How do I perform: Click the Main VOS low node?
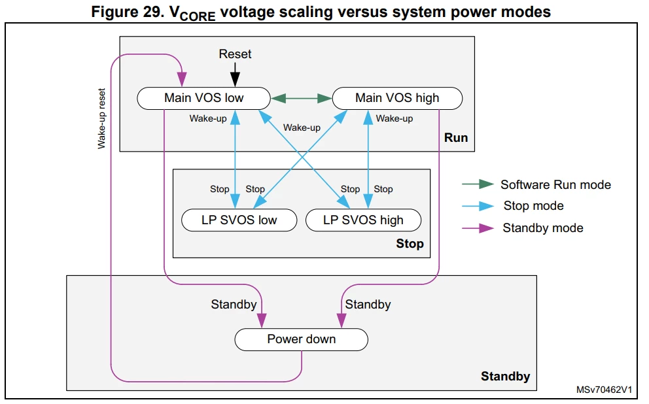coord(203,99)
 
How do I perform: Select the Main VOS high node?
coord(397,99)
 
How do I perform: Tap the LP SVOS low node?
coord(239,220)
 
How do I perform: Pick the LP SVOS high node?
coord(363,220)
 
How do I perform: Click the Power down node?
coord(302,339)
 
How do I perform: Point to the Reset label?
coord(235,54)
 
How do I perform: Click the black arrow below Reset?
coord(235,75)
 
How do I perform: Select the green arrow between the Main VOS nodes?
coord(302,99)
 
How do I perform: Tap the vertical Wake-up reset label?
coord(101,118)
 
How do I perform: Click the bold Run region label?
coord(456,138)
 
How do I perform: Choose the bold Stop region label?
coord(410,244)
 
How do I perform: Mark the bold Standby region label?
coord(505,377)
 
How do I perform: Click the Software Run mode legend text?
coord(556,185)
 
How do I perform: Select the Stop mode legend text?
coord(533,206)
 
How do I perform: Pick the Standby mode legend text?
coord(543,228)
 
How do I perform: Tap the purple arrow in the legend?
coord(478,228)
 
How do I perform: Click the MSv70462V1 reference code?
coord(604,390)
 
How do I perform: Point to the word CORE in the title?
coord(198,16)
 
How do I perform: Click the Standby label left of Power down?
coord(234,305)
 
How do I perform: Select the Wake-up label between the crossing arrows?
coord(302,127)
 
